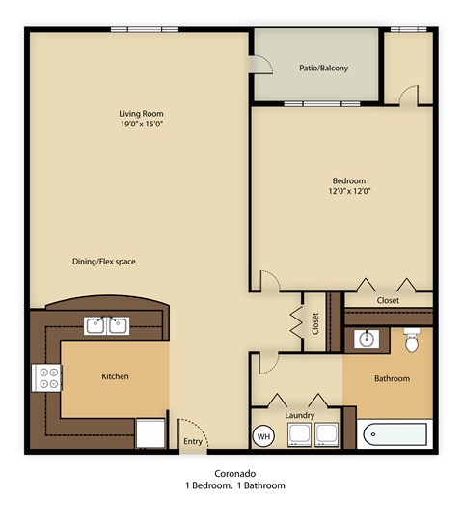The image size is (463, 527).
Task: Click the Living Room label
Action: tap(141, 113)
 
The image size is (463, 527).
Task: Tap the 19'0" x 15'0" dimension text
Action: tap(141, 125)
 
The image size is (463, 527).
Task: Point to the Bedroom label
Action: tap(349, 180)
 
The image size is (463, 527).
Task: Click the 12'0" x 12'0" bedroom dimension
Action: tap(349, 192)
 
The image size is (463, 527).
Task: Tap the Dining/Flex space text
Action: tap(104, 262)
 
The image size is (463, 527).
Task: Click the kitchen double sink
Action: tap(107, 325)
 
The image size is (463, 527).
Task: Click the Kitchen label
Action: tap(115, 376)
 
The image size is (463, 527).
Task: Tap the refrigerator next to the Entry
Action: tap(150, 433)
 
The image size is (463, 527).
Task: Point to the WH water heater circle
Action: tap(262, 436)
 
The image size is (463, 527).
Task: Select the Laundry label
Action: tap(299, 416)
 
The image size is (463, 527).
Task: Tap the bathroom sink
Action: tap(367, 340)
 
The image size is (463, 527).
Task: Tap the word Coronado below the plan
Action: tap(235, 473)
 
